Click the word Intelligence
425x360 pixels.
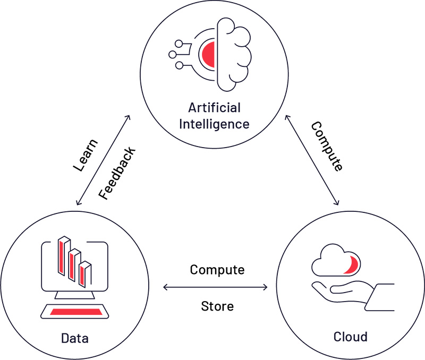tap(214, 124)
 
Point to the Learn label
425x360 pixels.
tap(85, 156)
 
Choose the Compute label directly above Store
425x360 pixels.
tap(217, 270)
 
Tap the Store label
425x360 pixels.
tap(217, 306)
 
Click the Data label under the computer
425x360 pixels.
tap(75, 338)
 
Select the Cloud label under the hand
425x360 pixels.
tap(350, 337)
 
